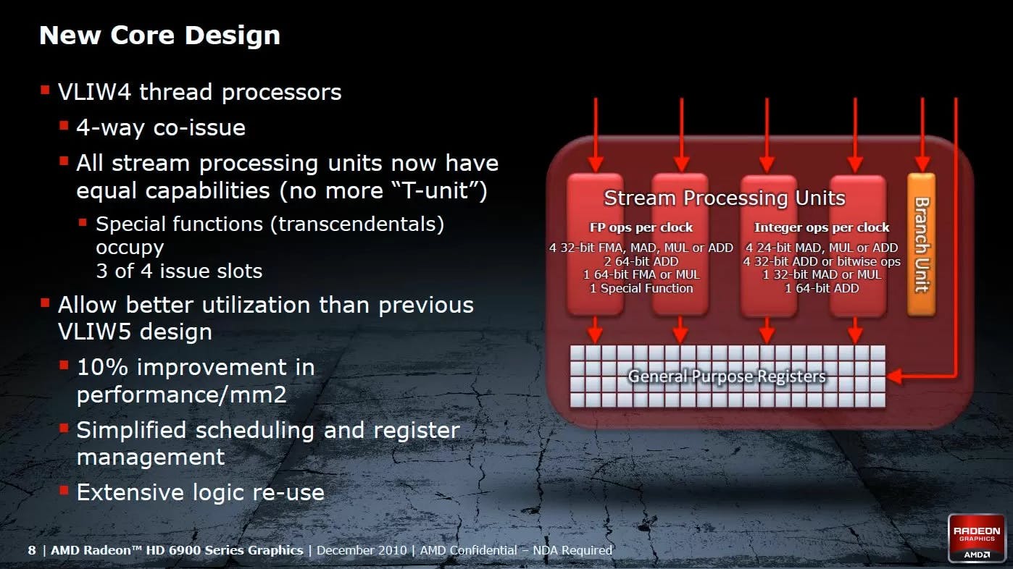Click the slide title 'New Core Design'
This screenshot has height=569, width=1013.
click(159, 35)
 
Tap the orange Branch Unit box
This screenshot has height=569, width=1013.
click(921, 244)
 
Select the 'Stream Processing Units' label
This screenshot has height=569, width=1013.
click(725, 198)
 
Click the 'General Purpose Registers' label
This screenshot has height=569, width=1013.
click(727, 376)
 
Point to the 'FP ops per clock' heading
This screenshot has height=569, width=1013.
click(641, 227)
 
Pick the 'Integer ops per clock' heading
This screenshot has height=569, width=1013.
click(821, 227)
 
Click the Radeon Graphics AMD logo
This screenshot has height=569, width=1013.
click(977, 538)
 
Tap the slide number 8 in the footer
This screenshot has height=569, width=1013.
click(32, 550)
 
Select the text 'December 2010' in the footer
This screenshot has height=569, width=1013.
click(362, 550)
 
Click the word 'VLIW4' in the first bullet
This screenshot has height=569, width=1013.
click(94, 92)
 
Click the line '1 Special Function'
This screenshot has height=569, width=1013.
click(641, 288)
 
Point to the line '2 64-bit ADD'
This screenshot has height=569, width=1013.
click(641, 261)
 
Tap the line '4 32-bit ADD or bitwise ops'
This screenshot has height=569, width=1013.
click(822, 261)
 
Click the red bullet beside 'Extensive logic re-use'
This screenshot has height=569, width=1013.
click(64, 490)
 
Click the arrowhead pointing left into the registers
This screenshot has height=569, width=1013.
click(894, 376)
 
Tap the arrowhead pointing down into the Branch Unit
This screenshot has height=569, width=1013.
click(922, 164)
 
